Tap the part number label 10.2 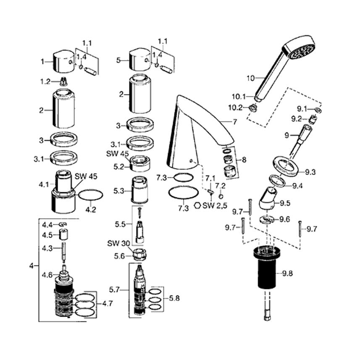235,107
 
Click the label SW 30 118,243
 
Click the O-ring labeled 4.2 91,195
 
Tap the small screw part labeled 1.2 64,81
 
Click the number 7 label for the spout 235,122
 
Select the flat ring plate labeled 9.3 286,166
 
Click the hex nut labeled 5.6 140,255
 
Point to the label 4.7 108,304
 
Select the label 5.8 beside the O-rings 174,298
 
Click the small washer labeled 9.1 318,110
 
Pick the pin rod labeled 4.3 64,252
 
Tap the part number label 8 244,160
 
